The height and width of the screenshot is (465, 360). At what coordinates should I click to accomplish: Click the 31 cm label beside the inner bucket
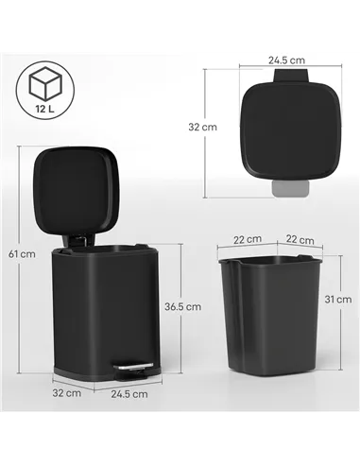342,300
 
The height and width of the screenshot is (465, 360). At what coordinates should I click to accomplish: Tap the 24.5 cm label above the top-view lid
285,60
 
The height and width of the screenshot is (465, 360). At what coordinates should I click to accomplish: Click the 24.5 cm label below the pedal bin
129,393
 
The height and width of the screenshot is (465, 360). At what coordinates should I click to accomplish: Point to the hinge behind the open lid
79,244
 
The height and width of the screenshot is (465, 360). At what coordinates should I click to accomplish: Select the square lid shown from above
287,127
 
